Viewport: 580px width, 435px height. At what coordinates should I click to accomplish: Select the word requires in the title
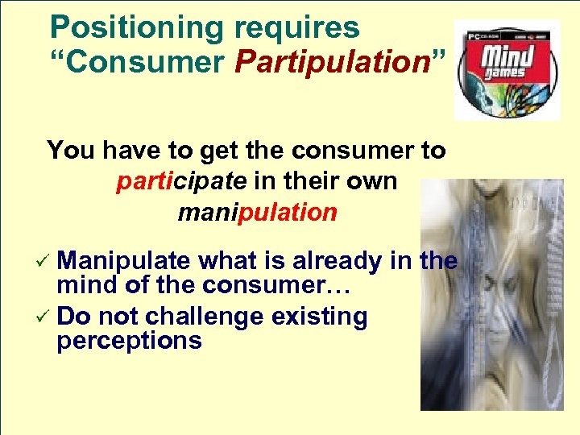pyautogui.click(x=296, y=28)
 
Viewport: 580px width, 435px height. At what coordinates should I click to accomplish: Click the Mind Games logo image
pyautogui.click(x=507, y=69)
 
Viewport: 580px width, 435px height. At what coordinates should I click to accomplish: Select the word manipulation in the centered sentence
pyautogui.click(x=257, y=213)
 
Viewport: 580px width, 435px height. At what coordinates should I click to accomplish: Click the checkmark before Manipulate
pyautogui.click(x=46, y=262)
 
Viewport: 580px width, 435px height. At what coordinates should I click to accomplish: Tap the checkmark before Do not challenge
pyautogui.click(x=46, y=317)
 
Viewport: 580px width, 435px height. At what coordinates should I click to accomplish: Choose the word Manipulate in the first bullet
pyautogui.click(x=124, y=261)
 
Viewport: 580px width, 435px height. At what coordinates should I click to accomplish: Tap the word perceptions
pyautogui.click(x=129, y=341)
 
